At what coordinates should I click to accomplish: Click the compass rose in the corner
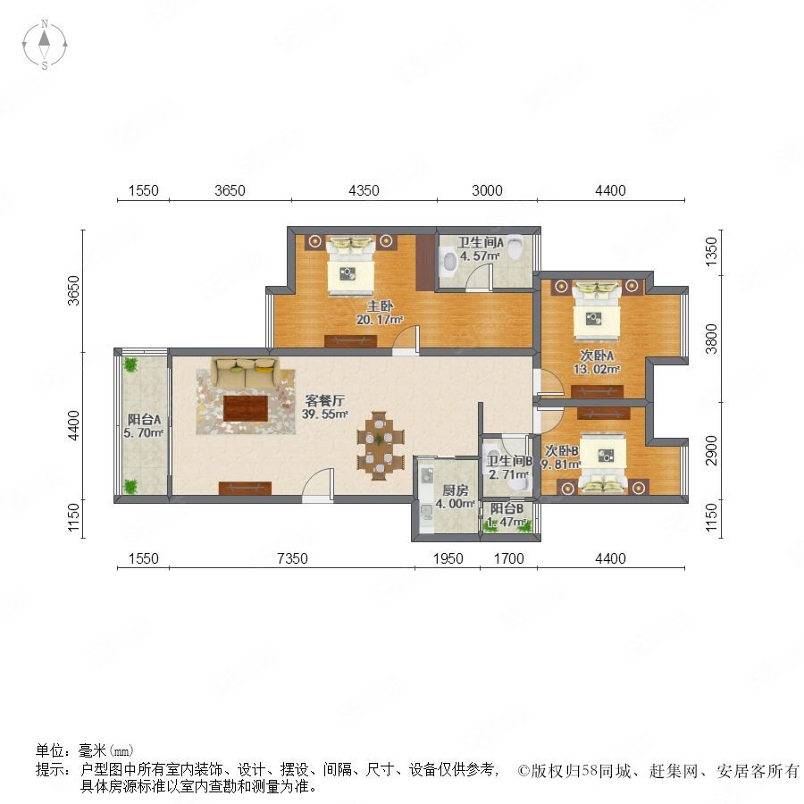[45, 45]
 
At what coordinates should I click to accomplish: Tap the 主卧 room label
[380, 306]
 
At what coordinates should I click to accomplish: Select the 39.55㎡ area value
[325, 414]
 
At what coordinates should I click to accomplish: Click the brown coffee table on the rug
[246, 408]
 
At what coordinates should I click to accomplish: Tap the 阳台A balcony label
[144, 420]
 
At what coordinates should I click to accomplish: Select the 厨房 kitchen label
[456, 490]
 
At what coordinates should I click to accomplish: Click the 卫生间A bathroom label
[481, 242]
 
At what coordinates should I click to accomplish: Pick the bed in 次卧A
[596, 311]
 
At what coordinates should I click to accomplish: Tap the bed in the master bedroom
[351, 266]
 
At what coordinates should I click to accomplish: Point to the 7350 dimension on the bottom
[292, 558]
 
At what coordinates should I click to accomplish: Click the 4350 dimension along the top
[364, 191]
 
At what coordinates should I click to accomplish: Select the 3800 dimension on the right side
[712, 339]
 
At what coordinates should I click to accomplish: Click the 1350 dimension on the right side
[712, 252]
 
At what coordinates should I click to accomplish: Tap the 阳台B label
[507, 508]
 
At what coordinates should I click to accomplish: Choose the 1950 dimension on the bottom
[448, 558]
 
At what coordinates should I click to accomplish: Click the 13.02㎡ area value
[597, 369]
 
